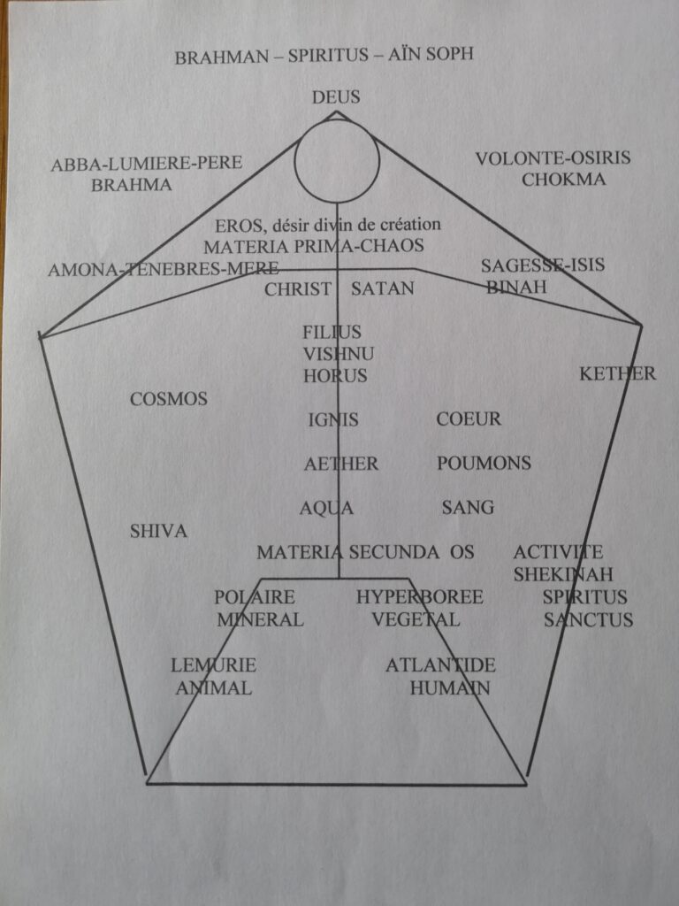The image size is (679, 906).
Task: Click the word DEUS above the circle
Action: click(x=336, y=97)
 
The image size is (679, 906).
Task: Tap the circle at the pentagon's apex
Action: click(x=337, y=161)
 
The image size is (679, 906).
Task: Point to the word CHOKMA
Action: click(x=563, y=179)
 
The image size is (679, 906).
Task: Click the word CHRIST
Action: click(x=298, y=289)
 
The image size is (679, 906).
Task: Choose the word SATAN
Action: click(x=382, y=288)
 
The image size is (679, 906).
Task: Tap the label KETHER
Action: click(x=617, y=374)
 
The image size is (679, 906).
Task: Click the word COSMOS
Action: click(x=169, y=399)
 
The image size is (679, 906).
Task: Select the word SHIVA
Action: click(x=158, y=531)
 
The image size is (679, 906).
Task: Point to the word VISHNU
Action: click(x=339, y=354)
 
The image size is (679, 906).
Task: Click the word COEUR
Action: click(x=469, y=418)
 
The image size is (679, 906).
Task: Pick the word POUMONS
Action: click(x=484, y=463)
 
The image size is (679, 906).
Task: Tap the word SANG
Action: click(x=468, y=507)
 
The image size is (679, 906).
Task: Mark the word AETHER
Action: click(x=341, y=464)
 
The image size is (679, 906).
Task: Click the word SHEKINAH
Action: click(x=563, y=574)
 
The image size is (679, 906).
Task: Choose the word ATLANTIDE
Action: click(x=440, y=665)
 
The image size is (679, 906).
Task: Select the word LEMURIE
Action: click(x=213, y=665)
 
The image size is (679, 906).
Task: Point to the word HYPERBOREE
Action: click(x=420, y=597)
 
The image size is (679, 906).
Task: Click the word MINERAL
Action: click(x=260, y=619)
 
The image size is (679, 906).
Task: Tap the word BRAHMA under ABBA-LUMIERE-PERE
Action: click(x=132, y=185)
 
